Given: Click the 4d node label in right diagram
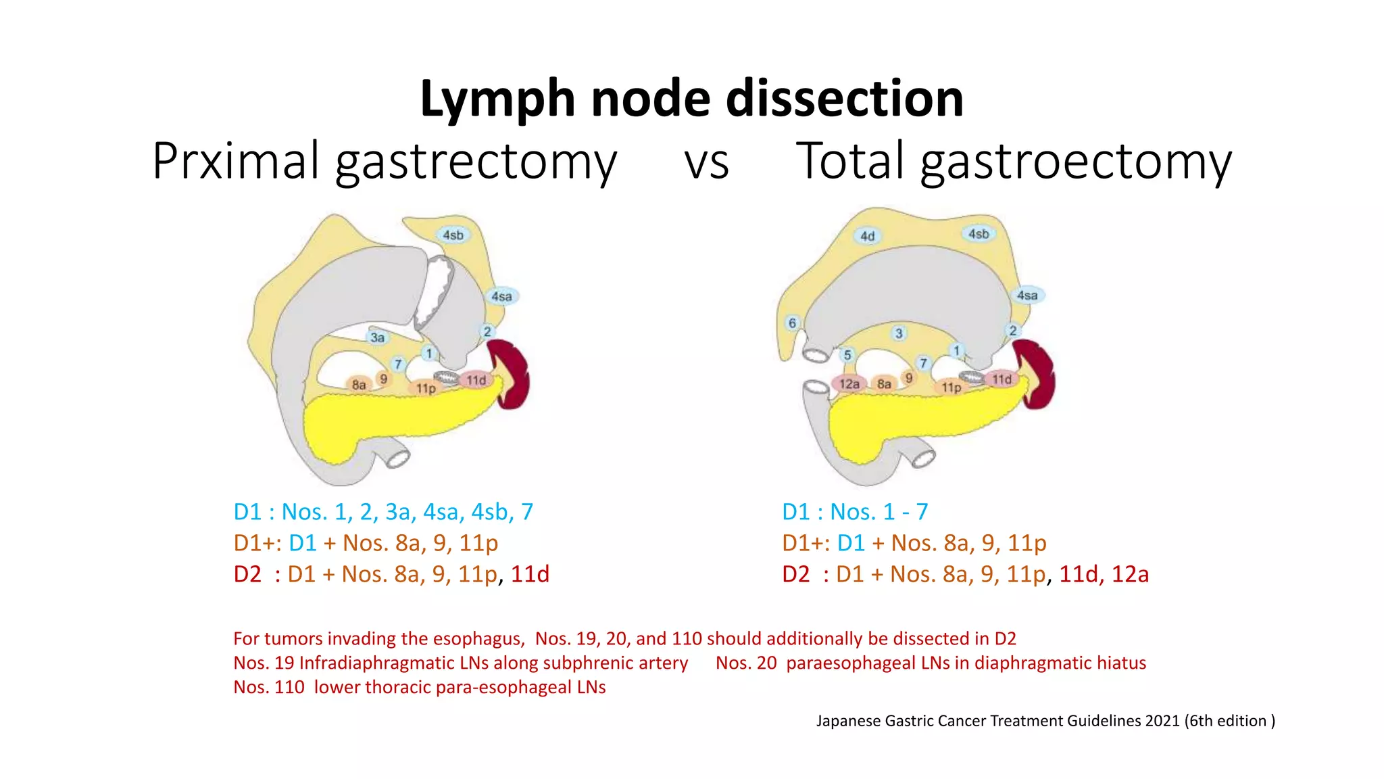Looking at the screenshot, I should (868, 236).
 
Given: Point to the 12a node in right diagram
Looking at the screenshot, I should (849, 384).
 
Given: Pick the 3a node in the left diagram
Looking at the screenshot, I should (377, 337).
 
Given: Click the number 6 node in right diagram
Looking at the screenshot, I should (792, 323).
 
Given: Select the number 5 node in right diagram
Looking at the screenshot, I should (847, 355).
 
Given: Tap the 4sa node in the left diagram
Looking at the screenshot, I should (501, 296).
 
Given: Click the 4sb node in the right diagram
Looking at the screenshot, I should (979, 234).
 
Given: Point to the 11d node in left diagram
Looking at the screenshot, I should (476, 380).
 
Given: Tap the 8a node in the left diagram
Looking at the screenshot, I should (359, 385).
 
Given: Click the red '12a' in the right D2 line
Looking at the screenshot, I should (1130, 574).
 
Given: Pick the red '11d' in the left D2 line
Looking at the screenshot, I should (530, 574).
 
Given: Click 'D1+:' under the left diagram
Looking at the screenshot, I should (257, 543).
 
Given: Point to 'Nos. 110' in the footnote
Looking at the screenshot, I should (269, 687).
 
